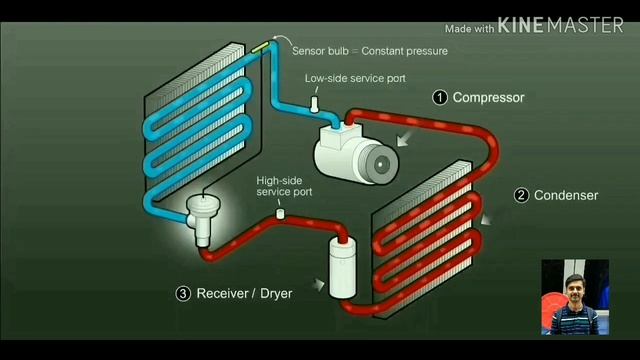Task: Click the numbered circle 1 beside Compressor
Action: (439, 98)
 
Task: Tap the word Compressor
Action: (488, 98)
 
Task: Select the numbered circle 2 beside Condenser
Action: (521, 196)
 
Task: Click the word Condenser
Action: (566, 196)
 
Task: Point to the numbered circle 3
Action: (183, 294)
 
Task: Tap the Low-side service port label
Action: (355, 78)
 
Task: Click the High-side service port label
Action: (284, 185)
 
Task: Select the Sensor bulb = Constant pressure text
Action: (369, 51)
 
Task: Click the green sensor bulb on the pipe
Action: (262, 45)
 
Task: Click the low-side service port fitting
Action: (313, 102)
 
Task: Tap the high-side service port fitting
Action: (281, 213)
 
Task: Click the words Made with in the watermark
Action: (470, 28)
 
